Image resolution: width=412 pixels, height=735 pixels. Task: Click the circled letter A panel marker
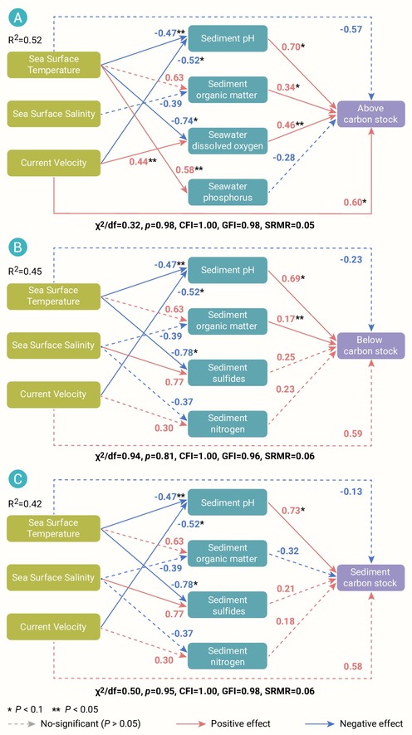tap(18, 19)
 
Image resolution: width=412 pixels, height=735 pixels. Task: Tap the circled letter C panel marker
tap(18, 479)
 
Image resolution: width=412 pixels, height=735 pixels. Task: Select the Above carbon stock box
tap(370, 114)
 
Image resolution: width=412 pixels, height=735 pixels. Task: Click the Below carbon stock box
tap(370, 345)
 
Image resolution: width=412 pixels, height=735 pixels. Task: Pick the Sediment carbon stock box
tap(370, 577)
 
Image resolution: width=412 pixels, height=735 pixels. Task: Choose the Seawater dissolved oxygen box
tap(228, 140)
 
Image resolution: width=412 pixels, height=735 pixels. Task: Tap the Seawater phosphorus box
tap(228, 192)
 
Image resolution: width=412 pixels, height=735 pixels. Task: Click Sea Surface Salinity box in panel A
tap(53, 114)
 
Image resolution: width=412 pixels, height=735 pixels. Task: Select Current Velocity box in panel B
tap(53, 394)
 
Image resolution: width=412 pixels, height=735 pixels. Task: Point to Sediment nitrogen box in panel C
tap(228, 656)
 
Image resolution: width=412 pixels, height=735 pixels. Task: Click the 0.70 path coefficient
tap(290, 47)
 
